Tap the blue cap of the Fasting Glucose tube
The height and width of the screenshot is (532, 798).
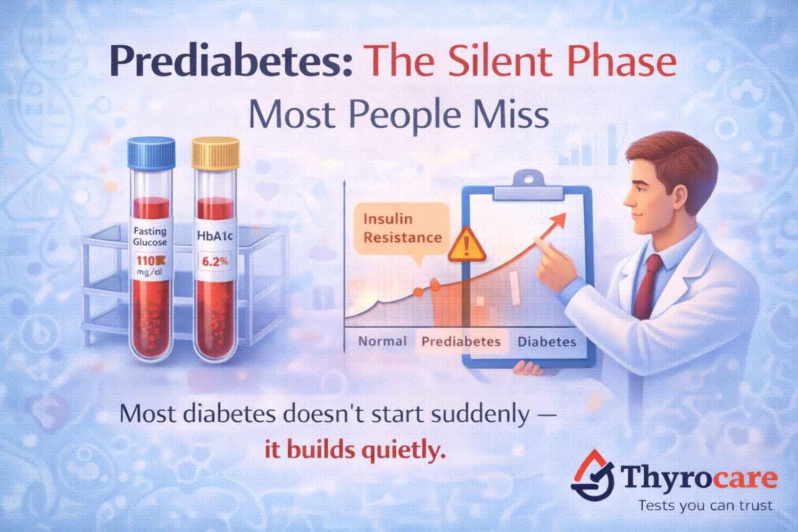click(x=152, y=152)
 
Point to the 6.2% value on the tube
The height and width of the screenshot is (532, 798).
click(x=213, y=262)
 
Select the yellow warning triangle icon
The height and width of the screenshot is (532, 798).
click(x=467, y=246)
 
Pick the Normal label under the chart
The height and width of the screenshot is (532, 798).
click(x=383, y=341)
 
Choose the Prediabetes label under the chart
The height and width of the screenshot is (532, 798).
click(x=461, y=341)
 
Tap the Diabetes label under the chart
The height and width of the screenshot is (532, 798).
click(x=546, y=341)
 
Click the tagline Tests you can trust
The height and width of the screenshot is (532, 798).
click(x=705, y=505)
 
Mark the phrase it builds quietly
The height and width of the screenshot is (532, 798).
click(x=354, y=451)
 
